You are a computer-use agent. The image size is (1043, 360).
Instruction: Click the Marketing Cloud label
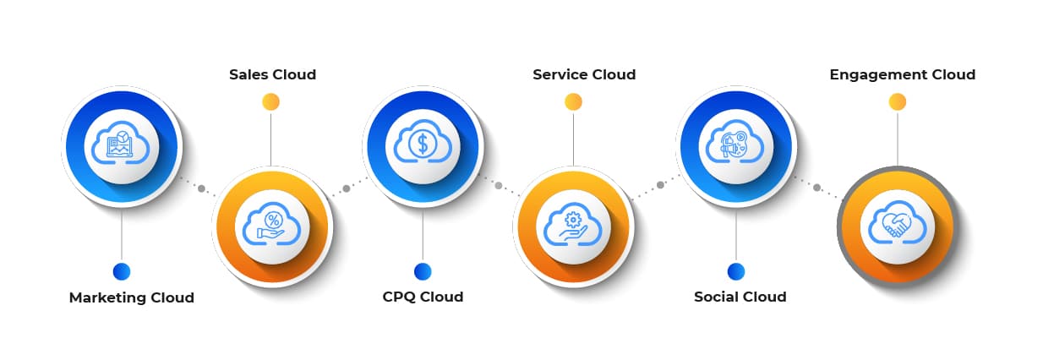131,297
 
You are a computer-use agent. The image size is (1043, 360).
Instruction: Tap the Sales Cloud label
272,74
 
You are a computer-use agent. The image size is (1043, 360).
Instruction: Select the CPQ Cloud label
423,297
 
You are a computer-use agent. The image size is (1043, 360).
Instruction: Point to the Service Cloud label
584,74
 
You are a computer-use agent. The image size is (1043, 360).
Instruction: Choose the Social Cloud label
740,297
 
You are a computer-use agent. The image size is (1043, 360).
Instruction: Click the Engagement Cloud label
902,74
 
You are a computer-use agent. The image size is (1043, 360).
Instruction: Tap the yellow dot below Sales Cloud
270,102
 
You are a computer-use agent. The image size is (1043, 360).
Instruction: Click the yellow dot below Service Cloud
573,102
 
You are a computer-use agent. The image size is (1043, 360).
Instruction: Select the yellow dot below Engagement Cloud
898,102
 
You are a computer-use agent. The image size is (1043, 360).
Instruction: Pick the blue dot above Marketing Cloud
122,271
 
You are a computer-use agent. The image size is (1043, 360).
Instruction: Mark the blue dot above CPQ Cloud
423,271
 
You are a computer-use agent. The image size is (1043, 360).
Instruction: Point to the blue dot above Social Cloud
735,271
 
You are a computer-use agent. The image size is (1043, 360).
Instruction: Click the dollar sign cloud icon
423,145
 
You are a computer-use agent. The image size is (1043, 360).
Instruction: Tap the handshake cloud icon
897,226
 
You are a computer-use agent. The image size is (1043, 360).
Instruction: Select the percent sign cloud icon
271,226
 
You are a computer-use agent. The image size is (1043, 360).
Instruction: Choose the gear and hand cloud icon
573,226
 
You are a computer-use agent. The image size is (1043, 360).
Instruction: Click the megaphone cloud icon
735,145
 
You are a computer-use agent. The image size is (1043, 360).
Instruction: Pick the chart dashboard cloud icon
122,145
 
